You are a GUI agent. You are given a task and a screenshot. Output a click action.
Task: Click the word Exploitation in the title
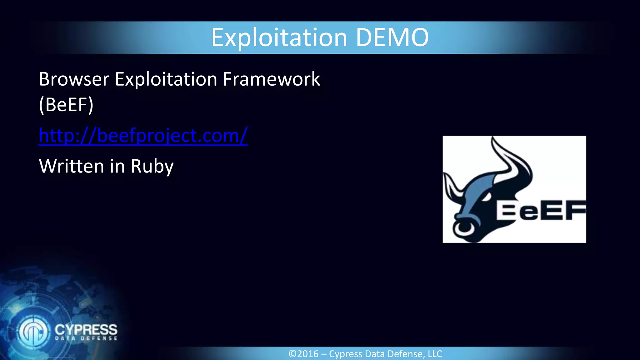[x=279, y=38]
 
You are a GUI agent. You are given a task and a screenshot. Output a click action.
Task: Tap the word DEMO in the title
[x=392, y=37]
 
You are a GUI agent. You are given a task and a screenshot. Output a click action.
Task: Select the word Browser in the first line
[x=74, y=79]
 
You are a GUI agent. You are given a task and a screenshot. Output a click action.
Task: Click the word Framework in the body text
[x=271, y=79]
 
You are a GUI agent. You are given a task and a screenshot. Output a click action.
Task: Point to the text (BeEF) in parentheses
[x=66, y=105]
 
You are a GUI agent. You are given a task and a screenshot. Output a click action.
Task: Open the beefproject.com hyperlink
[x=143, y=136]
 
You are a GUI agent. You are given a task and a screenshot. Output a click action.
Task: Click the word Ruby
[x=152, y=166]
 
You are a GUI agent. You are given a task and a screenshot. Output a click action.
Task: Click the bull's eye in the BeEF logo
[x=486, y=197]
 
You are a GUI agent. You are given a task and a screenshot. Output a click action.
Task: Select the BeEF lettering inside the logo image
[x=541, y=211]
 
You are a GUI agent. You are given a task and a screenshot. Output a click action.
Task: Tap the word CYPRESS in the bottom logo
[x=86, y=329]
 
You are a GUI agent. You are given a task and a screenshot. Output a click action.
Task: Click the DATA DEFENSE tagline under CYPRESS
[x=86, y=338]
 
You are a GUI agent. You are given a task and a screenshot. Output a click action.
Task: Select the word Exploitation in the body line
[x=166, y=79]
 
